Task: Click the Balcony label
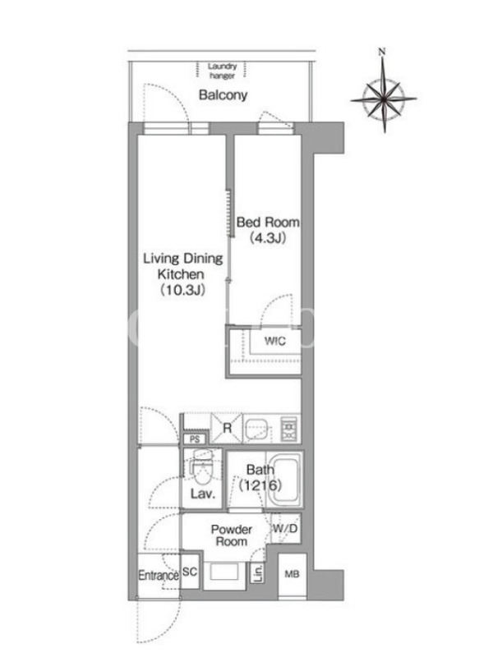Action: tap(223, 95)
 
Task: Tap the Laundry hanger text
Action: tap(222, 71)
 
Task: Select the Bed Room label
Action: tap(268, 222)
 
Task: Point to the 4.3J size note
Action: tap(268, 238)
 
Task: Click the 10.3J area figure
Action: tap(182, 290)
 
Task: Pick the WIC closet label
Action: tap(275, 341)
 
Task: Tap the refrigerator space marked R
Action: tap(227, 428)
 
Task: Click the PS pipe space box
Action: tap(195, 439)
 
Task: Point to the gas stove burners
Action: tap(289, 429)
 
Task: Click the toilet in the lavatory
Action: tap(201, 466)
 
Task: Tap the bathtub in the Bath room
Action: tap(284, 480)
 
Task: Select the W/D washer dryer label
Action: tap(285, 528)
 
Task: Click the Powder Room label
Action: tap(232, 535)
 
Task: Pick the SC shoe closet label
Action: tap(190, 572)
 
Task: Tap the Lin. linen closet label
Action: tap(258, 572)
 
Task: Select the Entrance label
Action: tap(159, 576)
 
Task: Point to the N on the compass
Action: tap(381, 52)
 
